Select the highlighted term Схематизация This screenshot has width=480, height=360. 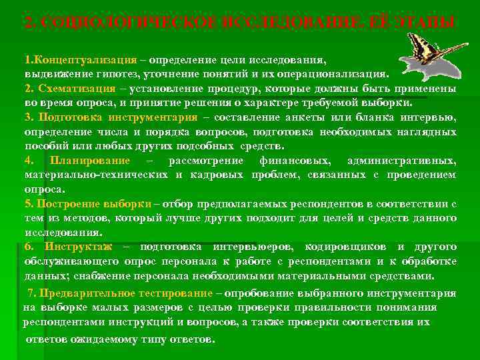[78, 89]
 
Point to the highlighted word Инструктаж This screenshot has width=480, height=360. [74, 247]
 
